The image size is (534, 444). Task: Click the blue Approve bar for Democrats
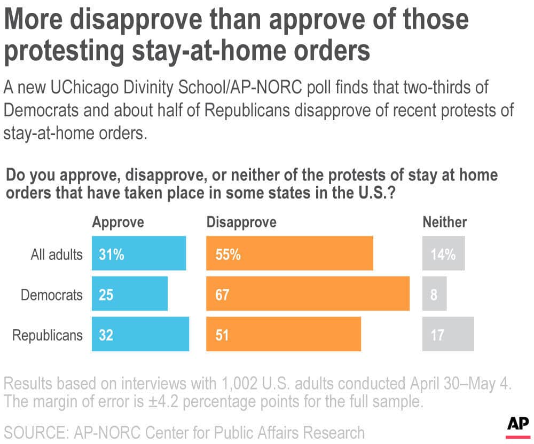tap(130, 294)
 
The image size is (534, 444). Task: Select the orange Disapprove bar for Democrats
tap(308, 294)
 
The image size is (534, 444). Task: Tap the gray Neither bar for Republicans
tap(448, 335)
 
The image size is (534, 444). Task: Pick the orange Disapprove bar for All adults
tap(289, 254)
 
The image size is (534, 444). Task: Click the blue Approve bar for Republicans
tap(140, 335)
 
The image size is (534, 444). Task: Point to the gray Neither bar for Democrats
tap(434, 294)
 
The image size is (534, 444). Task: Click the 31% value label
tap(111, 255)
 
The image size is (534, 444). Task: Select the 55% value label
tap(227, 255)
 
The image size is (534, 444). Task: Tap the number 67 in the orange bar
tap(222, 295)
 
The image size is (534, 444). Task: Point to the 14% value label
tap(443, 255)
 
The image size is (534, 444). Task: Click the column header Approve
tap(118, 222)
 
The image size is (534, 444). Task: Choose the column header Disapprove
tap(241, 222)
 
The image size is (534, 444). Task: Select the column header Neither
tap(445, 222)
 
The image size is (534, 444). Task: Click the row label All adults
tap(57, 255)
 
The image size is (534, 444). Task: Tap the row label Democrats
tap(52, 295)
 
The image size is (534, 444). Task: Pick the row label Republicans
tap(48, 335)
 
